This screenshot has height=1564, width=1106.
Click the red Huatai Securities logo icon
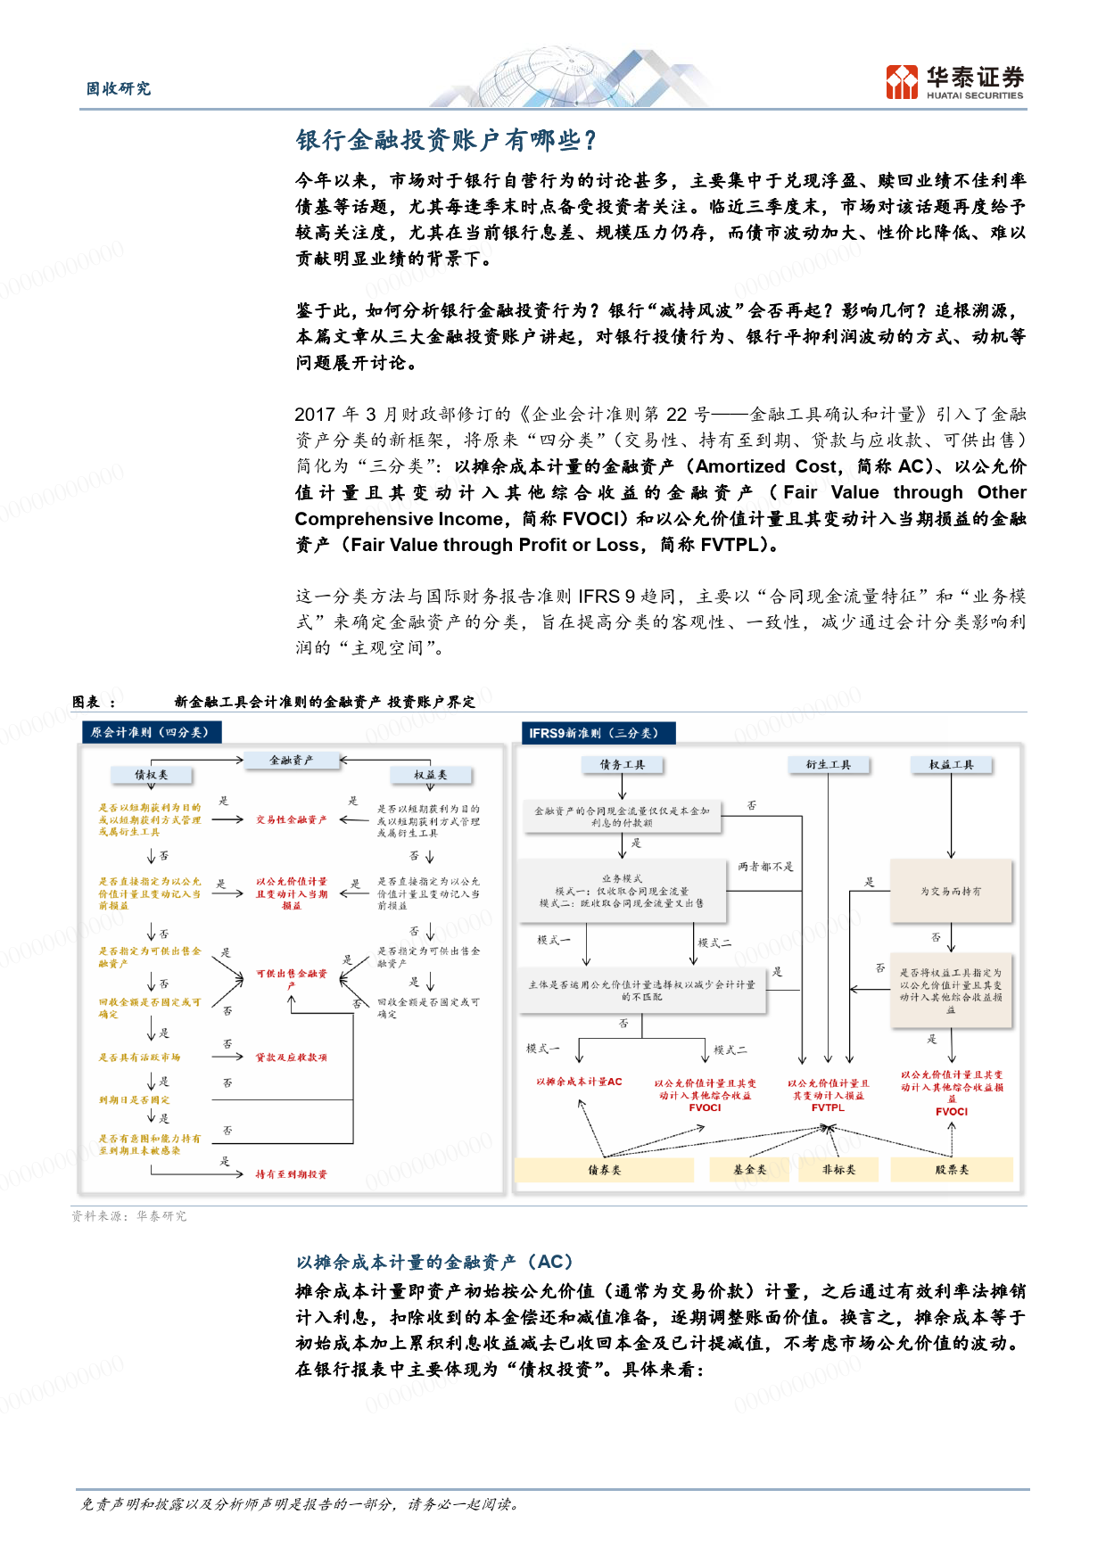pyautogui.click(x=902, y=82)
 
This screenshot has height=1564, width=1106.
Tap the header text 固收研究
pyautogui.click(x=119, y=88)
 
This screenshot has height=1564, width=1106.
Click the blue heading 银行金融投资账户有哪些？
pyautogui.click(x=446, y=140)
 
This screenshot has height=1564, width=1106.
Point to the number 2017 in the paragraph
pyautogui.click(x=314, y=415)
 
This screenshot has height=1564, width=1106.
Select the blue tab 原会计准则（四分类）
pyautogui.click(x=150, y=732)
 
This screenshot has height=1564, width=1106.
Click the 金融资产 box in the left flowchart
pyautogui.click(x=291, y=761)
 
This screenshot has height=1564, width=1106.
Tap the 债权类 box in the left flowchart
pyautogui.click(x=151, y=775)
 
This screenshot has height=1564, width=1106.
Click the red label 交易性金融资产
pyautogui.click(x=291, y=819)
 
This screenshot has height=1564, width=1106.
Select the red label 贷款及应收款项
pyautogui.click(x=291, y=1058)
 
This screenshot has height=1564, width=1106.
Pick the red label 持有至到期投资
pyautogui.click(x=291, y=1174)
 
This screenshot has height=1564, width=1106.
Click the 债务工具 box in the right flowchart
pyautogui.click(x=622, y=765)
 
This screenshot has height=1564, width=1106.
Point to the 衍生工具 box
pyautogui.click(x=828, y=765)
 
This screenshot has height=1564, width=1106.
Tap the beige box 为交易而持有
pyautogui.click(x=951, y=891)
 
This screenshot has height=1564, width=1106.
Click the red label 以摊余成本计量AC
pyautogui.click(x=579, y=1082)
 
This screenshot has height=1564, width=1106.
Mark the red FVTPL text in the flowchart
pyautogui.click(x=828, y=1107)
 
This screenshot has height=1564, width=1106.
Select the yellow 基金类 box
pyautogui.click(x=749, y=1170)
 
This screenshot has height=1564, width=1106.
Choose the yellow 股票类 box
pyautogui.click(x=951, y=1170)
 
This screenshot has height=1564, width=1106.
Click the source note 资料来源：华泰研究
pyautogui.click(x=129, y=1216)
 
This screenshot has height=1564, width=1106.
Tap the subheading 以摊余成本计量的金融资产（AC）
pyautogui.click(x=434, y=1262)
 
